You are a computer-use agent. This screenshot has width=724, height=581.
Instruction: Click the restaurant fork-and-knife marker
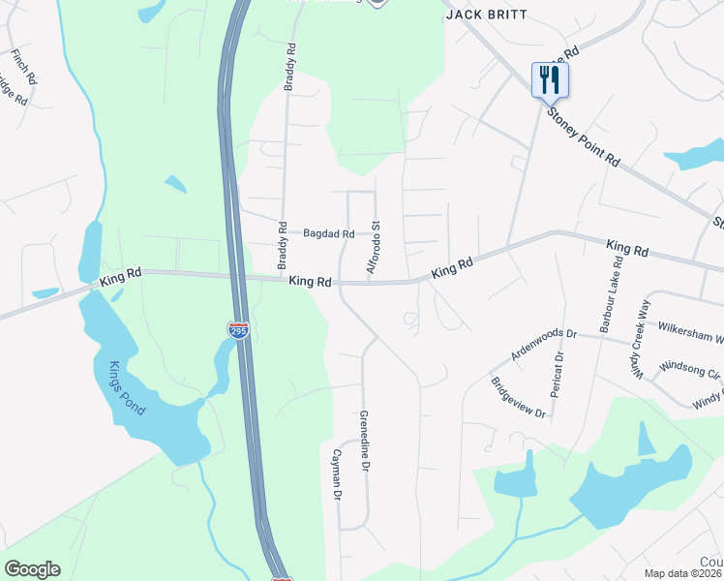click(x=550, y=79)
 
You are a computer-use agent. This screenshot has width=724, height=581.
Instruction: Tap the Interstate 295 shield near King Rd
click(x=238, y=330)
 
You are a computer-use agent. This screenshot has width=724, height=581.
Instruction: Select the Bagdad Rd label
click(x=328, y=233)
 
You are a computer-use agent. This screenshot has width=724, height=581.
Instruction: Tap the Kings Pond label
click(x=127, y=387)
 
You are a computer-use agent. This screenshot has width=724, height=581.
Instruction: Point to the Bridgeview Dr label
click(x=518, y=398)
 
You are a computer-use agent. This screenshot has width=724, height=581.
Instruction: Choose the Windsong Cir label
click(x=690, y=369)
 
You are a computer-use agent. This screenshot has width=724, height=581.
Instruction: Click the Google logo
click(x=32, y=569)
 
